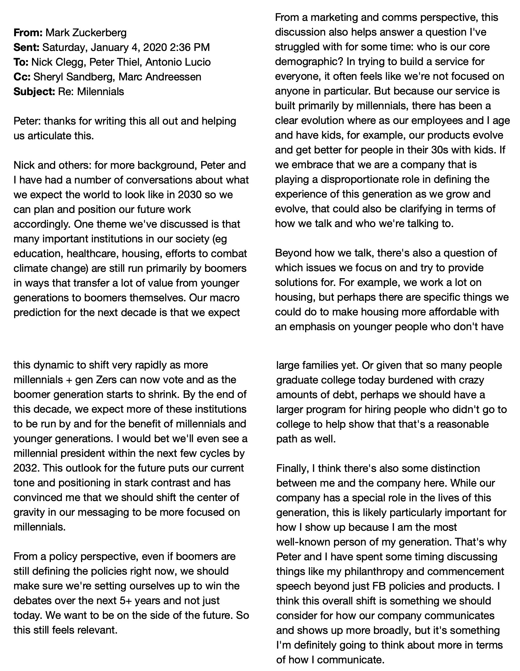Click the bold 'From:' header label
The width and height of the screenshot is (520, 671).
point(28,33)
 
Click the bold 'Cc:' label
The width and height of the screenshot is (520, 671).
point(22,77)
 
